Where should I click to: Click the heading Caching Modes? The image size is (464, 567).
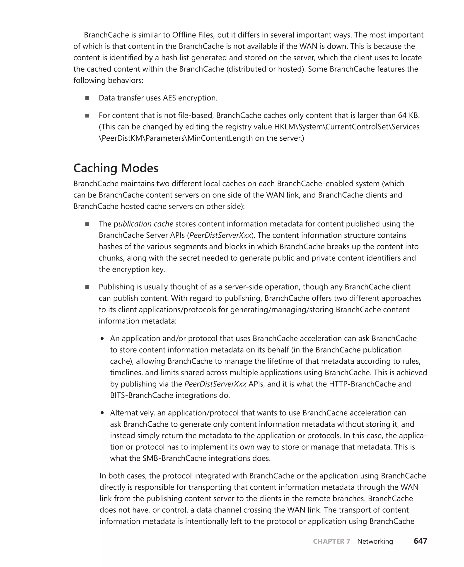pyautogui.click(x=116, y=168)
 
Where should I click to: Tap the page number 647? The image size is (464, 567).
pyautogui.click(x=420, y=541)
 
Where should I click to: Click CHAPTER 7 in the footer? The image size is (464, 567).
pyautogui.click(x=331, y=541)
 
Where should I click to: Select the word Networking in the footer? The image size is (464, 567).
pyautogui.click(x=375, y=541)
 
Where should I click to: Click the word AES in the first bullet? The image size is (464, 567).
pyautogui.click(x=169, y=98)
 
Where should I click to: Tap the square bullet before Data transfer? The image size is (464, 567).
pyautogui.click(x=87, y=98)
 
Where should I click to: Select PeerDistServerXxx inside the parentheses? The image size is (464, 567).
pyautogui.click(x=220, y=235)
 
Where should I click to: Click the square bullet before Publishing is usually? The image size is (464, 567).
pyautogui.click(x=87, y=287)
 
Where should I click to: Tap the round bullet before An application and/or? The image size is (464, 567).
pyautogui.click(x=102, y=339)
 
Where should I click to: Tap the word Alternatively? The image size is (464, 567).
pyautogui.click(x=132, y=413)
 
